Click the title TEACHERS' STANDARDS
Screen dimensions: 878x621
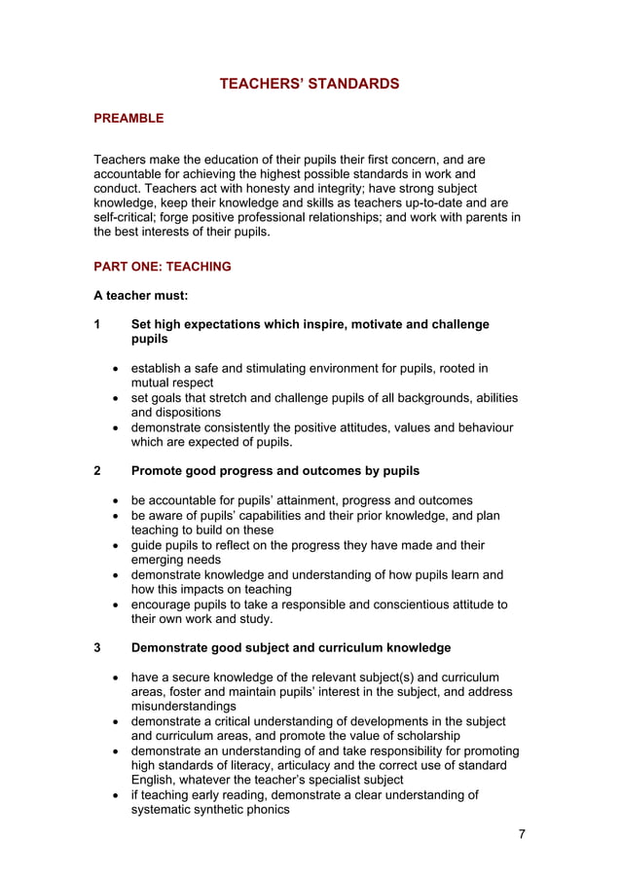point(310,84)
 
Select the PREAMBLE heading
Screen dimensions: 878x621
point(128,119)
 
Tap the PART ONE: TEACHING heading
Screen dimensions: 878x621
point(163,267)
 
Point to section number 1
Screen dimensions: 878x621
point(97,324)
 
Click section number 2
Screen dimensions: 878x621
point(97,471)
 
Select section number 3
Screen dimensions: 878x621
point(97,647)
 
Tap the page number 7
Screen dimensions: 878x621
point(521,836)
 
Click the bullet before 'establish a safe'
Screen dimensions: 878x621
point(117,369)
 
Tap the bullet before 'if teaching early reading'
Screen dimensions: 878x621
point(117,795)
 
